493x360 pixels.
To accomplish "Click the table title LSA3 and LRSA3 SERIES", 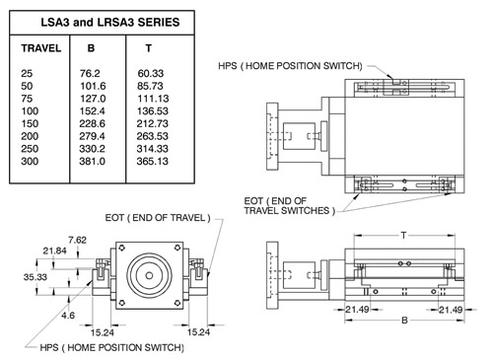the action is click(110, 23).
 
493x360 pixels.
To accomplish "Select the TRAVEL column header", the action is click(41, 48).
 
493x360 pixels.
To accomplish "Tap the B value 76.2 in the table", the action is click(90, 73).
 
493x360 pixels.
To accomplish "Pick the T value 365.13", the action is click(153, 161).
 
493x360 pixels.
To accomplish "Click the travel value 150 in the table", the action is click(30, 123).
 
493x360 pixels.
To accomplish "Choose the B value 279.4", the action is click(92, 136).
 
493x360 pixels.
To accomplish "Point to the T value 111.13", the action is click(153, 99).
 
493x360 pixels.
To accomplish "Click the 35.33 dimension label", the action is click(35, 277).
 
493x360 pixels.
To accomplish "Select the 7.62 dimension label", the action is click(78, 240).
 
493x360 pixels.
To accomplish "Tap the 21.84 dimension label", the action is click(54, 251).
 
